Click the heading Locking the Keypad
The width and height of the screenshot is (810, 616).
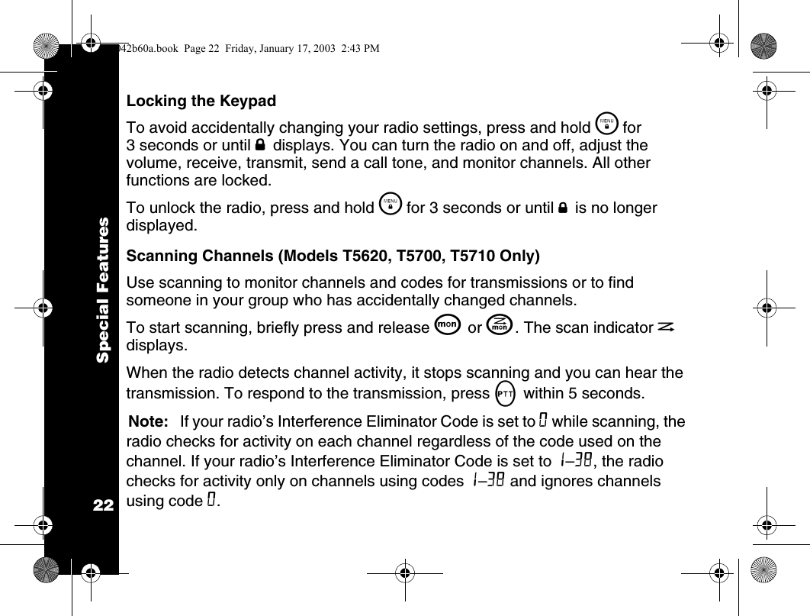pos(201,101)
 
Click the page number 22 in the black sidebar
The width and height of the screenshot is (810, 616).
pos(101,505)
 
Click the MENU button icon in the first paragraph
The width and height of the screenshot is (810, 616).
pos(606,124)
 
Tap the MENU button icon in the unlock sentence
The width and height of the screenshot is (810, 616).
pos(391,206)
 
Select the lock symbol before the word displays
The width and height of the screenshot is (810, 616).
pos(260,145)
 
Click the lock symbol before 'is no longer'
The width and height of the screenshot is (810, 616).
pos(561,208)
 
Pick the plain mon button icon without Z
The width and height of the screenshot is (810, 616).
pos(448,325)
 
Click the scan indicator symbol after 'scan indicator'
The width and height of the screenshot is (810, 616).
pos(666,327)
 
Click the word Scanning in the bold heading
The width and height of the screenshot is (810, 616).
pos(159,254)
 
